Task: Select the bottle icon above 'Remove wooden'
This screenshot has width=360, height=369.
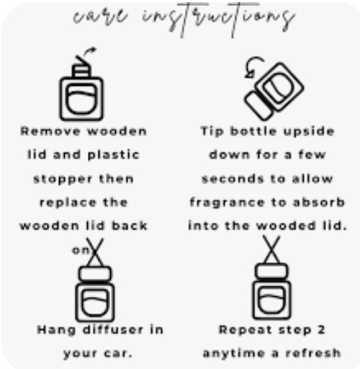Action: [x=81, y=92]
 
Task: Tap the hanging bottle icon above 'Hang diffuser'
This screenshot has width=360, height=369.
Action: [x=95, y=291]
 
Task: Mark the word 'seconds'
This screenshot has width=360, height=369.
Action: [x=230, y=178]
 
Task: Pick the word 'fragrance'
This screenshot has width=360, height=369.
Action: [x=224, y=202]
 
